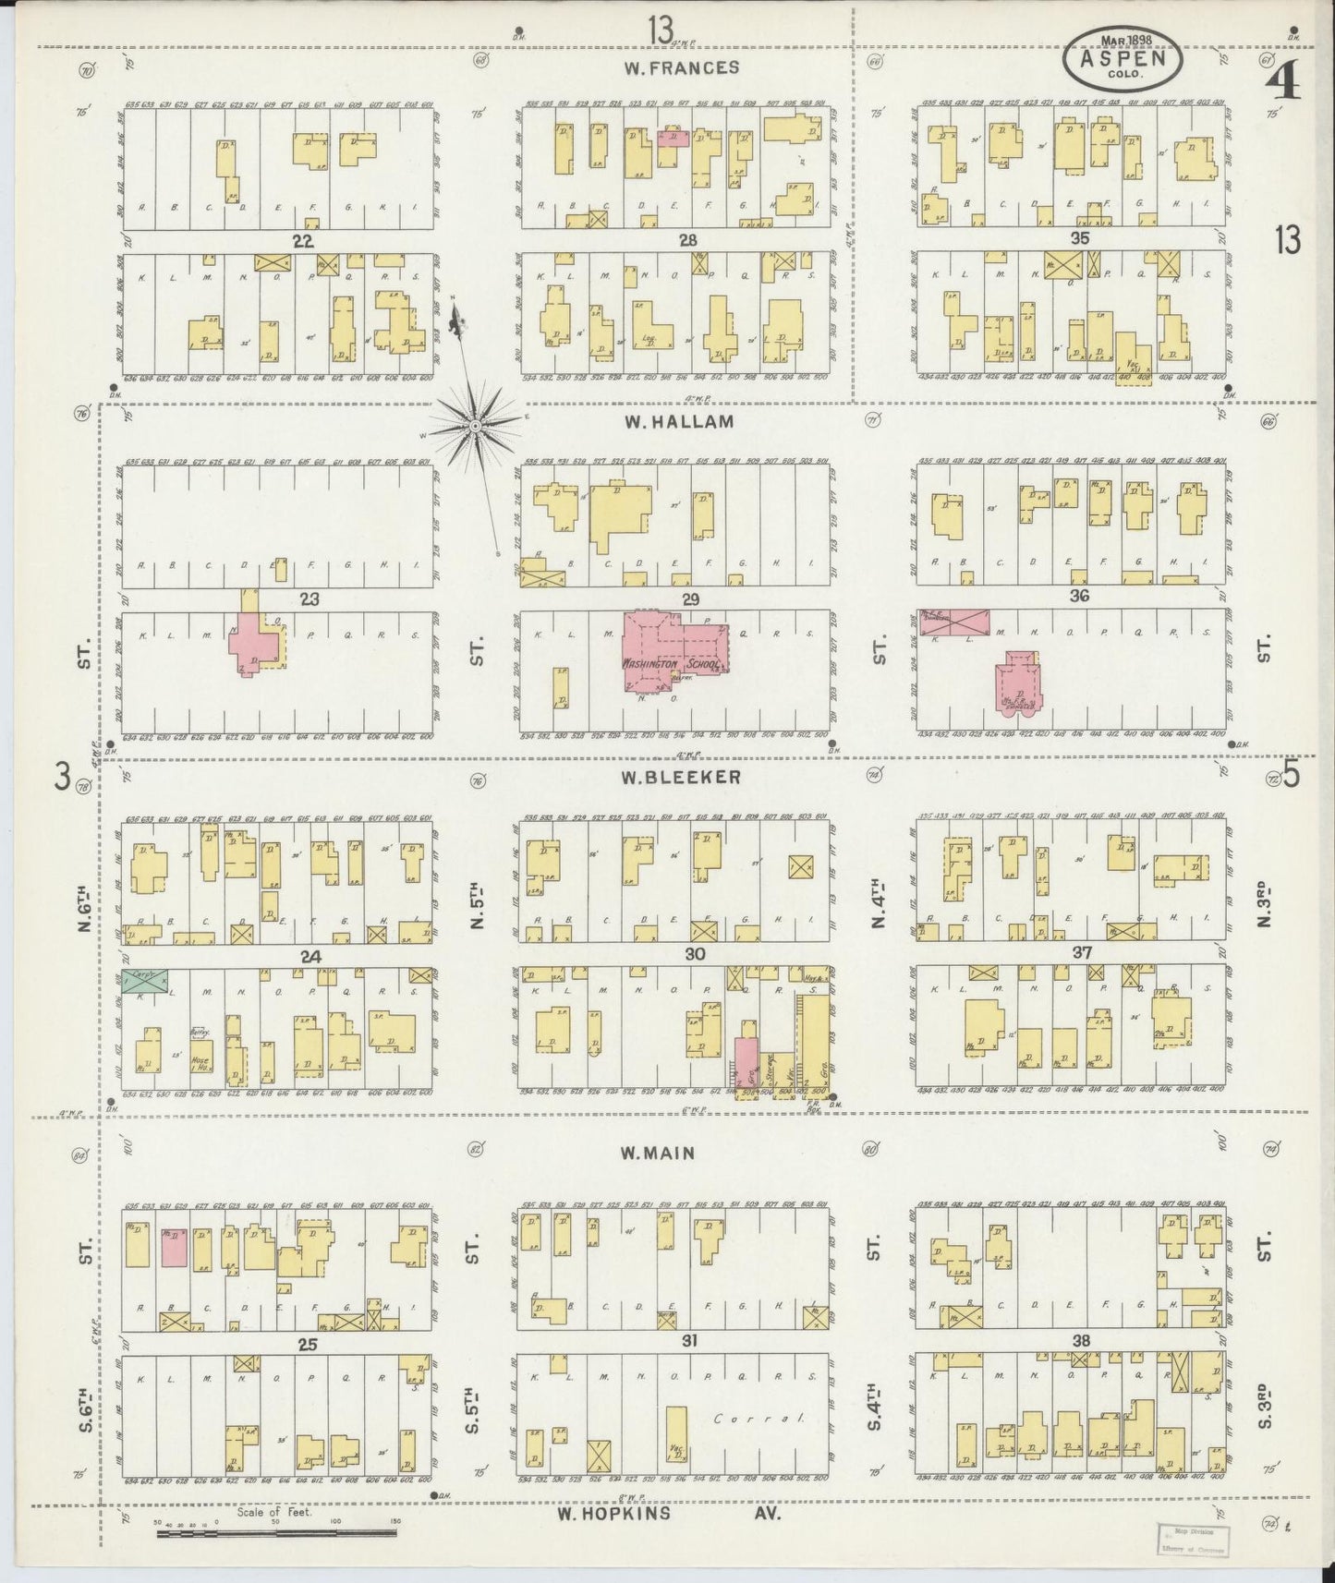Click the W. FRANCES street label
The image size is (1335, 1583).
click(x=680, y=67)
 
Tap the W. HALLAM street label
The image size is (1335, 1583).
click(x=679, y=422)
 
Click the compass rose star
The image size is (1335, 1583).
click(x=474, y=426)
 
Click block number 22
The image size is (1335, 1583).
click(x=302, y=242)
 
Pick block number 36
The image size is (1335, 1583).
click(x=1079, y=597)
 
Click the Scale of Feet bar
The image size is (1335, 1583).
click(x=277, y=1533)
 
